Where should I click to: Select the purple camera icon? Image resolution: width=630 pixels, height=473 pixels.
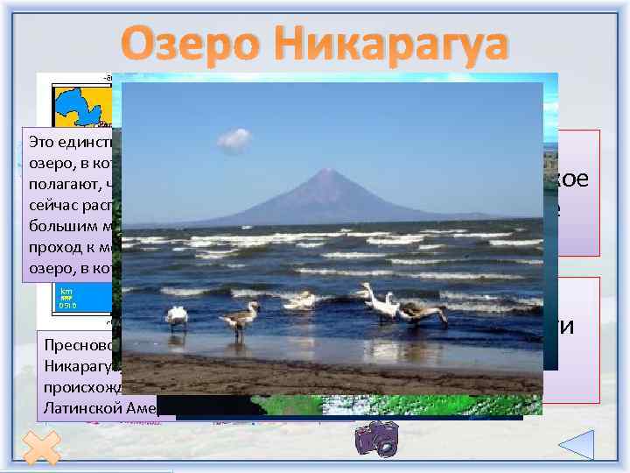376,438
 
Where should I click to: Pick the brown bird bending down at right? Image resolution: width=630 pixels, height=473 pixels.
425,313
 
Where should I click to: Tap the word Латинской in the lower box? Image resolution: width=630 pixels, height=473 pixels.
80,406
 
